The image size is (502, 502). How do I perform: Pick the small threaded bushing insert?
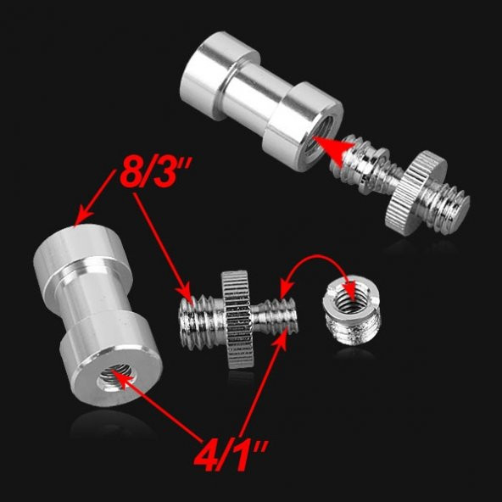pos(353,312)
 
